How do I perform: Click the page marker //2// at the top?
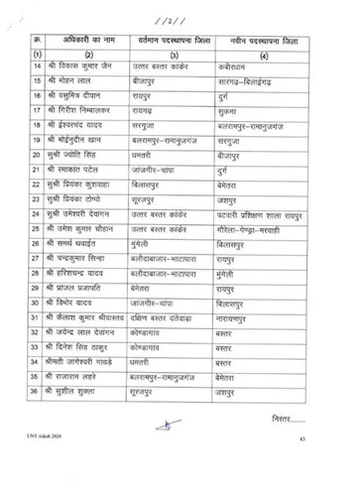pyautogui.click(x=181, y=21)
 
